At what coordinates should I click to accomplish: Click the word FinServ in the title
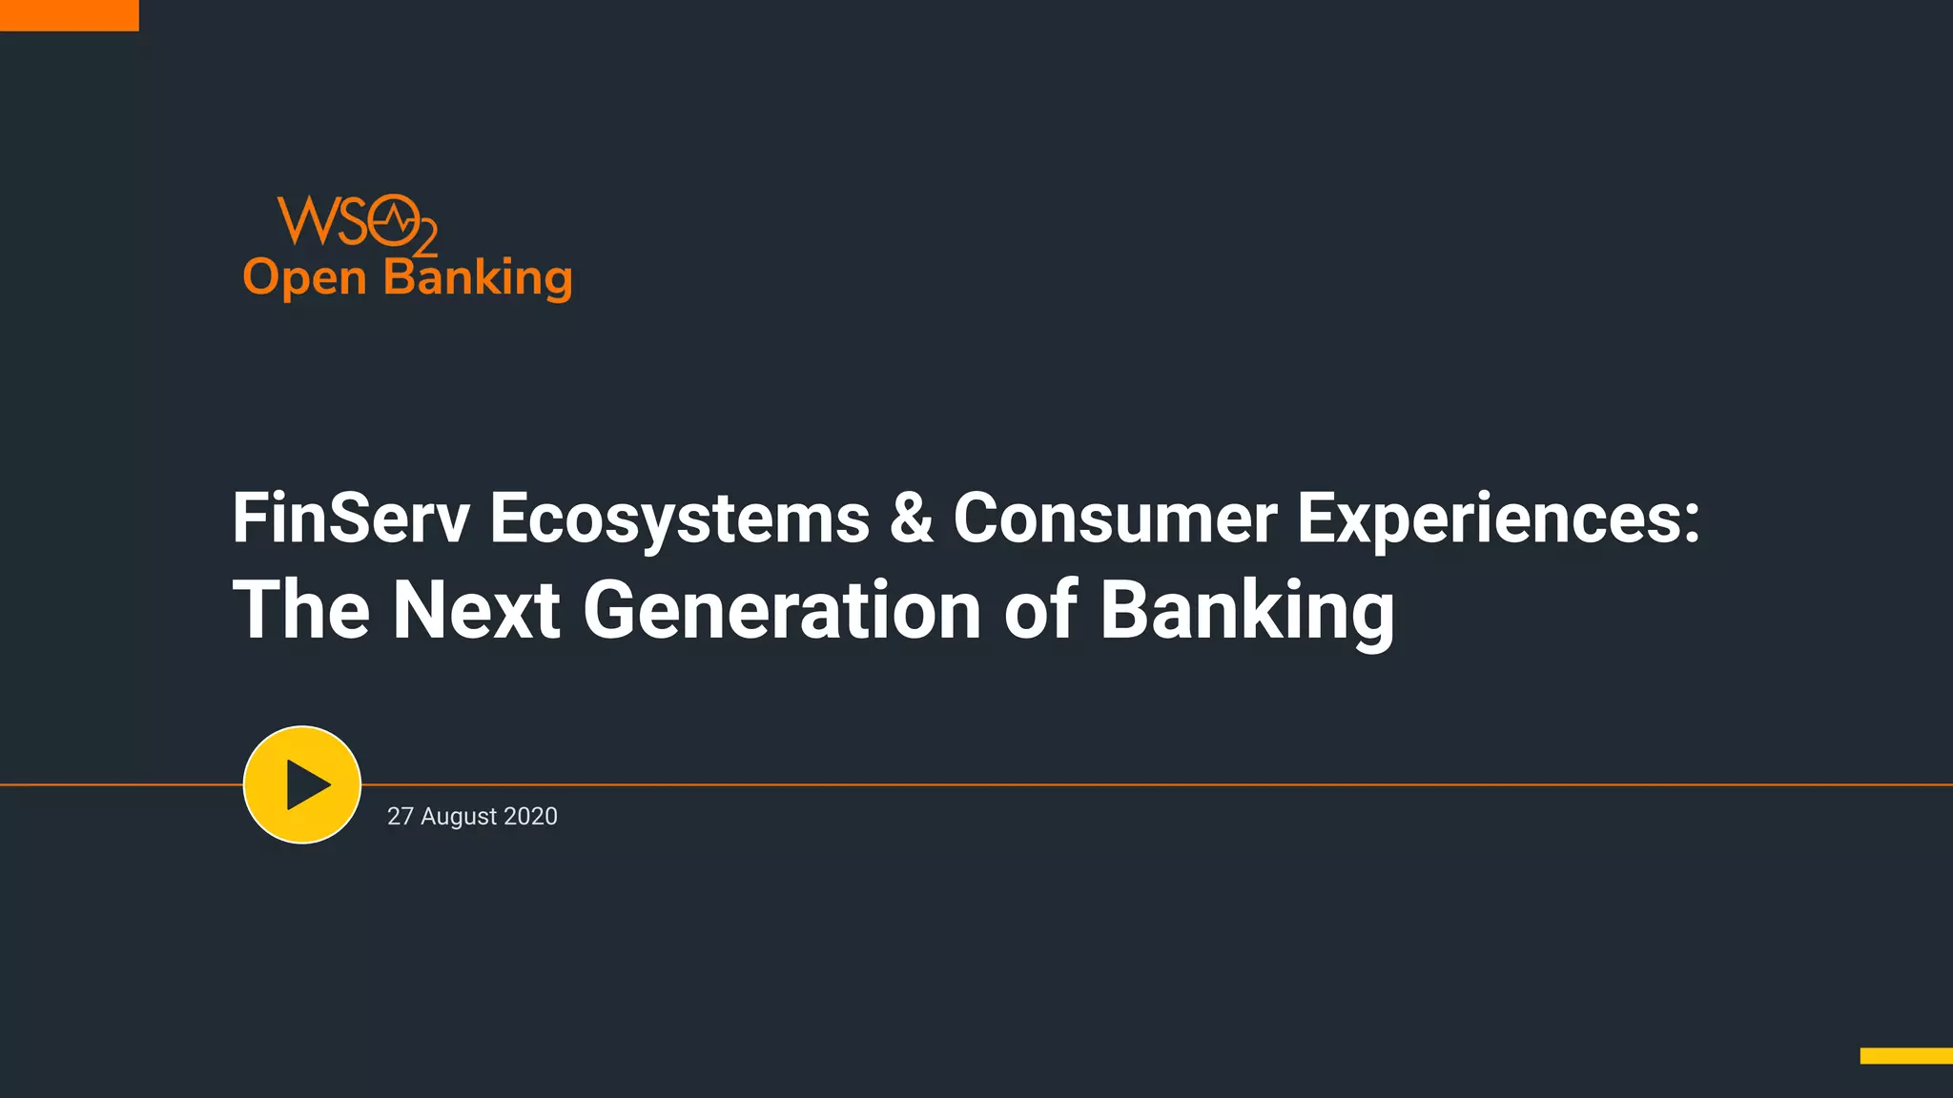(x=351, y=519)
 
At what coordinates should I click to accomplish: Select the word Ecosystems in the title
(x=679, y=519)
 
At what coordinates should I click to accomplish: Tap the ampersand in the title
(x=911, y=519)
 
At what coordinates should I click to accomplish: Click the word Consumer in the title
(x=1115, y=519)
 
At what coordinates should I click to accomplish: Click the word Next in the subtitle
(x=476, y=610)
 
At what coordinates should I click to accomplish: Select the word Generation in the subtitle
(x=782, y=610)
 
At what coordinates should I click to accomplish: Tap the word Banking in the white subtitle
(x=1247, y=610)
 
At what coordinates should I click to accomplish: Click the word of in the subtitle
(x=1040, y=610)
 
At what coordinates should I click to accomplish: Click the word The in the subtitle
(x=301, y=610)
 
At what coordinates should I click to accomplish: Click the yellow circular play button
(x=302, y=784)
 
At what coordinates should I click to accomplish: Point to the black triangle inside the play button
(x=306, y=785)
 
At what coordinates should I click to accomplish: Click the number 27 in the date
(x=400, y=817)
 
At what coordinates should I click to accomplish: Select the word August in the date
(x=459, y=817)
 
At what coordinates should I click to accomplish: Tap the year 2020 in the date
(x=530, y=817)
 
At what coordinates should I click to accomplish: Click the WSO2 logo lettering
(x=355, y=222)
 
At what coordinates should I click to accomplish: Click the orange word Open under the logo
(x=304, y=278)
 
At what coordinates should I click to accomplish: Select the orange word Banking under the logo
(x=477, y=278)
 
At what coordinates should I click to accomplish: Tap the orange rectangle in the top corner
(x=69, y=15)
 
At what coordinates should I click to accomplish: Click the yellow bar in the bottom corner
(x=1905, y=1055)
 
